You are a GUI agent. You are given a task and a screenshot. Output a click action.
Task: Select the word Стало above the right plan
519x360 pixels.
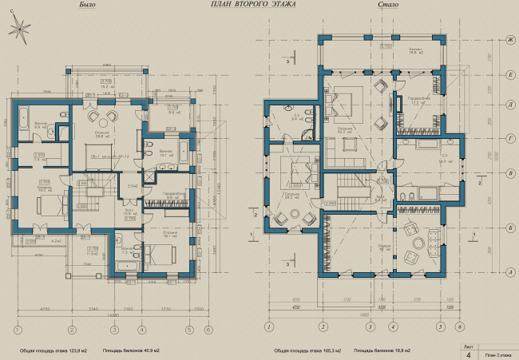click(x=389, y=7)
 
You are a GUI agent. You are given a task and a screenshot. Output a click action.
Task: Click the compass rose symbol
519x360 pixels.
click(x=18, y=30)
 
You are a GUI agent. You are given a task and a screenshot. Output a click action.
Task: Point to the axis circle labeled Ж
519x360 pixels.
click(x=509, y=38)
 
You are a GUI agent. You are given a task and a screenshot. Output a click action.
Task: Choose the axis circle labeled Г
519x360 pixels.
click(x=509, y=137)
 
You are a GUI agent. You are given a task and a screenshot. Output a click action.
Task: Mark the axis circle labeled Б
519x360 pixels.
click(x=509, y=227)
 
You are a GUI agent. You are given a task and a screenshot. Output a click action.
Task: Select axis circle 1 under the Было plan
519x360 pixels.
click(x=17, y=328)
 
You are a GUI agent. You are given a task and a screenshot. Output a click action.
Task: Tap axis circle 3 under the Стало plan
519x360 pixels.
click(x=323, y=326)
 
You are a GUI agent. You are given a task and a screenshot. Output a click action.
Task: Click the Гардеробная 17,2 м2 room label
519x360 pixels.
click(x=415, y=101)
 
